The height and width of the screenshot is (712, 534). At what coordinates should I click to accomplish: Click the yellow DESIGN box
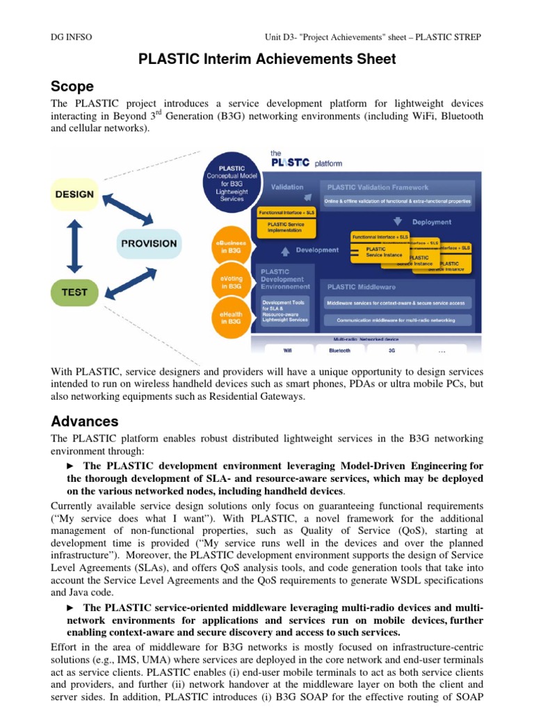point(75,195)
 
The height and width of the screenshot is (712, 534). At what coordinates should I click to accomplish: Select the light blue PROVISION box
point(149,243)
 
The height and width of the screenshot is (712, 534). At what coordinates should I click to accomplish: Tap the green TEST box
point(74,292)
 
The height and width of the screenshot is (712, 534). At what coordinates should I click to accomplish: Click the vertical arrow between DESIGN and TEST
point(75,243)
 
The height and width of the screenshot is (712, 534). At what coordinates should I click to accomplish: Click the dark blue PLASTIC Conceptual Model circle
point(230,183)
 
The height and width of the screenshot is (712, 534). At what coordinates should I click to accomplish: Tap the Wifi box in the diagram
point(287,350)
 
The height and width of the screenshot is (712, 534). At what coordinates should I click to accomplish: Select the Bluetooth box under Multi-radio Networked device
point(339,350)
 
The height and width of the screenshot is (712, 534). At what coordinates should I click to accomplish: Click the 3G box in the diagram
point(391,350)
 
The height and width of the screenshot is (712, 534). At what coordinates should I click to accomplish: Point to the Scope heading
point(72,86)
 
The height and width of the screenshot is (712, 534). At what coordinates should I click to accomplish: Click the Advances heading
point(85,421)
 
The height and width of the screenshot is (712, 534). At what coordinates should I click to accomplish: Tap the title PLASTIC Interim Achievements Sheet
point(267,59)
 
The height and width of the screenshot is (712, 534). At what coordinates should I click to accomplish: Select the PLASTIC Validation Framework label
point(378,187)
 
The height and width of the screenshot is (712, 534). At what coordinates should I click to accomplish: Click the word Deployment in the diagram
point(431,222)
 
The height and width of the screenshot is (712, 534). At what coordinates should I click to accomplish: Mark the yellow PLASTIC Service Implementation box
point(286,227)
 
